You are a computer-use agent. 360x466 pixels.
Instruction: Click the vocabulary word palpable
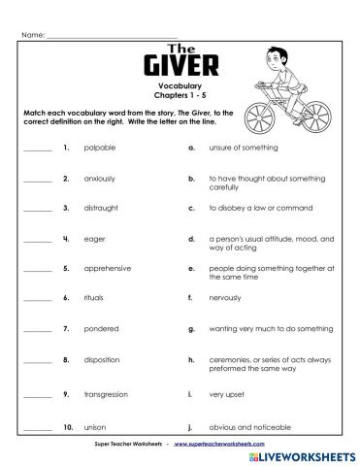tap(100, 148)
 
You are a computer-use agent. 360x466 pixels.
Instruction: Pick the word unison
tap(96, 426)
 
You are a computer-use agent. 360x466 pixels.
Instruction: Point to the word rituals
tap(95, 298)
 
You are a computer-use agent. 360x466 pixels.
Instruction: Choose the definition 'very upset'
tap(225, 394)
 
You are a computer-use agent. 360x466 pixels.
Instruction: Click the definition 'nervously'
tap(225, 298)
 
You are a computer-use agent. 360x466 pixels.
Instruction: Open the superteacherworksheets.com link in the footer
tap(215, 442)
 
